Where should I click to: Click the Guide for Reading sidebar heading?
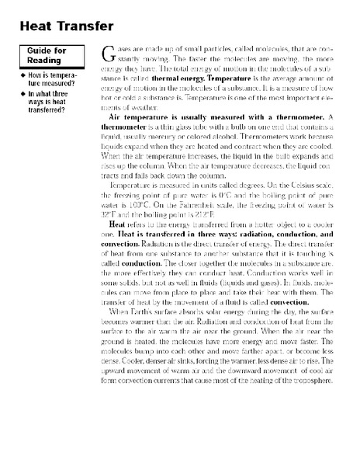click(42, 57)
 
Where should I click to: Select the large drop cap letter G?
click(108, 56)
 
